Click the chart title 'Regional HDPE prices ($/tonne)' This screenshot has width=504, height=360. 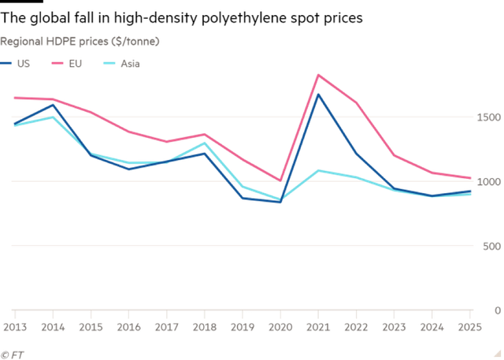(80, 40)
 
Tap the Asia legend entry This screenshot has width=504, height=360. (122, 63)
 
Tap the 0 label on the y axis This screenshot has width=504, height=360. (496, 310)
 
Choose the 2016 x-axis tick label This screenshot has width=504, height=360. (128, 325)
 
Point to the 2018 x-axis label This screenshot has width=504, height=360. (205, 325)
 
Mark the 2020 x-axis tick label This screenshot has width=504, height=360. (281, 325)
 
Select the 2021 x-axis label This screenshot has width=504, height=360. (319, 325)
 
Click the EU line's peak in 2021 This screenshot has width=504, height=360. (318, 75)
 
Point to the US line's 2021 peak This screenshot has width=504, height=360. (318, 95)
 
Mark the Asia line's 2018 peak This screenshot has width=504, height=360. (204, 143)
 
